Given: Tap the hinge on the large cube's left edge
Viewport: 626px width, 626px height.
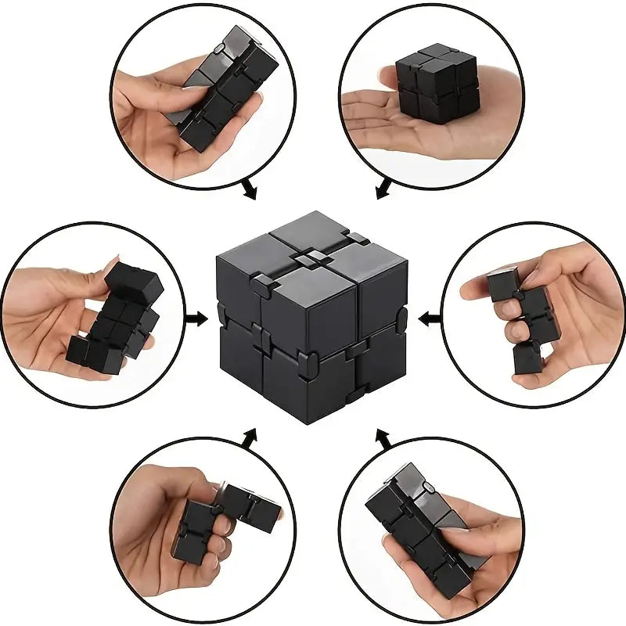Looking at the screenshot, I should click(x=221, y=317).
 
